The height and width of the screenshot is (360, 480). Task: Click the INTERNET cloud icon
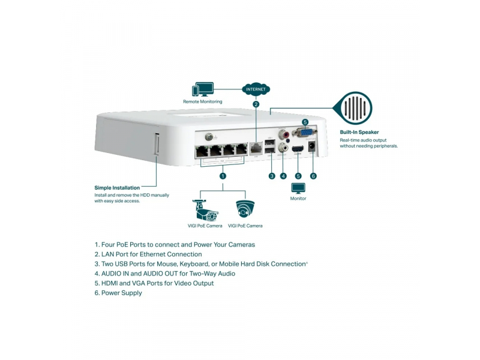[x=256, y=89]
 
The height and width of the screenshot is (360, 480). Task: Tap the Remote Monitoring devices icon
[x=203, y=90]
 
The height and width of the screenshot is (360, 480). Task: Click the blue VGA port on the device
[x=305, y=134]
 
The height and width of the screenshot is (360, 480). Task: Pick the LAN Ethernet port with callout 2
[x=256, y=146]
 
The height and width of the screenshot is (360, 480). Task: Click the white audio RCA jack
[x=283, y=148]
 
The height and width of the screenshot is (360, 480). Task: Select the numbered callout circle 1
[x=223, y=176]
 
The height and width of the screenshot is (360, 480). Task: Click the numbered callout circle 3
[x=272, y=176]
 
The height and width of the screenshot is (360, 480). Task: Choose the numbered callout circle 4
[x=283, y=176]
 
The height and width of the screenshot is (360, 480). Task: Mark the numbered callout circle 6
[x=313, y=176]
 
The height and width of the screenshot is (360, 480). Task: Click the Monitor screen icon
[x=298, y=188]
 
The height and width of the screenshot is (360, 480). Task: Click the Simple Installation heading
[x=117, y=188]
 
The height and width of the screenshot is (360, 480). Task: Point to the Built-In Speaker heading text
[x=359, y=132]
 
